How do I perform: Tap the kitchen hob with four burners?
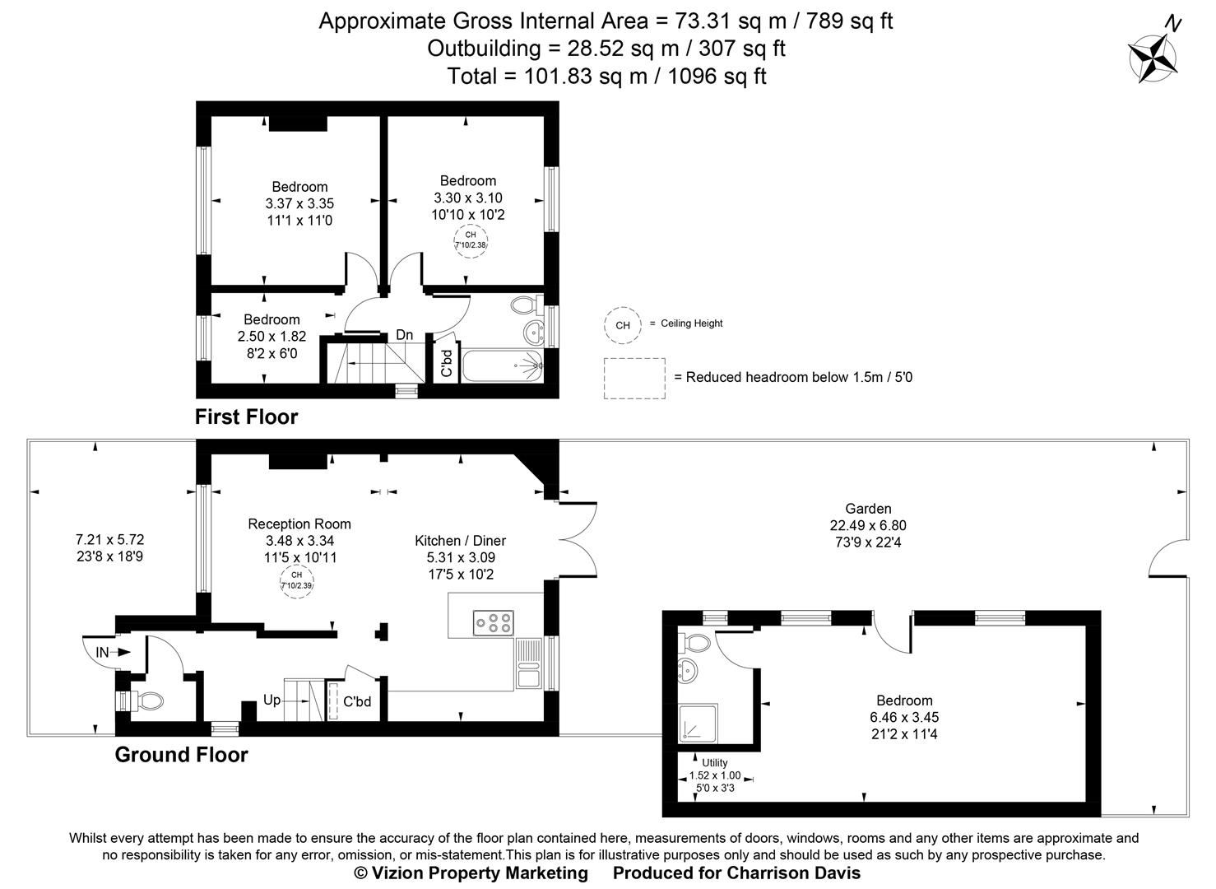pos(493,622)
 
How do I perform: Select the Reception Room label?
pos(299,524)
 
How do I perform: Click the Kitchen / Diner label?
pos(460,541)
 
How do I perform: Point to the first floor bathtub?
pos(501,363)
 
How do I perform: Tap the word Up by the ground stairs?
pos(272,700)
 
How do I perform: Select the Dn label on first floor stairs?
pos(404,335)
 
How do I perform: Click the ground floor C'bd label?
pos(358,702)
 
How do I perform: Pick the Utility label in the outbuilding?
pos(714,762)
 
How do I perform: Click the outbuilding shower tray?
pos(699,722)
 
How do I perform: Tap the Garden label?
pos(868,509)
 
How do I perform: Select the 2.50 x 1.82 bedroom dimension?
pos(272,337)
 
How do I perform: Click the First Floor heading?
pos(246,417)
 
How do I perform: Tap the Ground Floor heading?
pos(181,755)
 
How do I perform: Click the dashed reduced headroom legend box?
pos(634,379)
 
